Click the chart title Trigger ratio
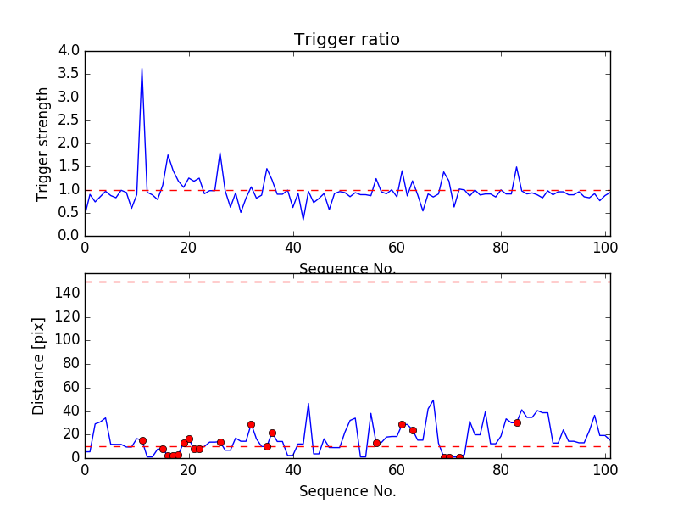tap(347, 40)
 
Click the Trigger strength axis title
tap(43, 143)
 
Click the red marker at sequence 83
tap(517, 422)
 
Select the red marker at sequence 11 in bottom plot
tap(142, 440)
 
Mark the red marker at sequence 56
tap(376, 443)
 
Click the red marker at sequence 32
tap(251, 424)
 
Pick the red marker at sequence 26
tap(220, 442)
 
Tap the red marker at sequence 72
tap(459, 457)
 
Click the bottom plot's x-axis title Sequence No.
tap(347, 491)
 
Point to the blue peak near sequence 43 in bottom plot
tap(308, 404)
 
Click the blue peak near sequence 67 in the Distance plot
tap(433, 400)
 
